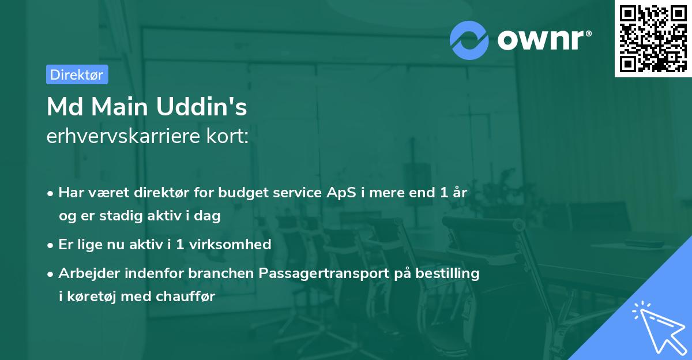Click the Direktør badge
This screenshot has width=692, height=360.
click(77, 74)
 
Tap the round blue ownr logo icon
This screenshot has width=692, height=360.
click(469, 39)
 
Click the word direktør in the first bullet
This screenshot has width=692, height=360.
click(152, 193)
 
